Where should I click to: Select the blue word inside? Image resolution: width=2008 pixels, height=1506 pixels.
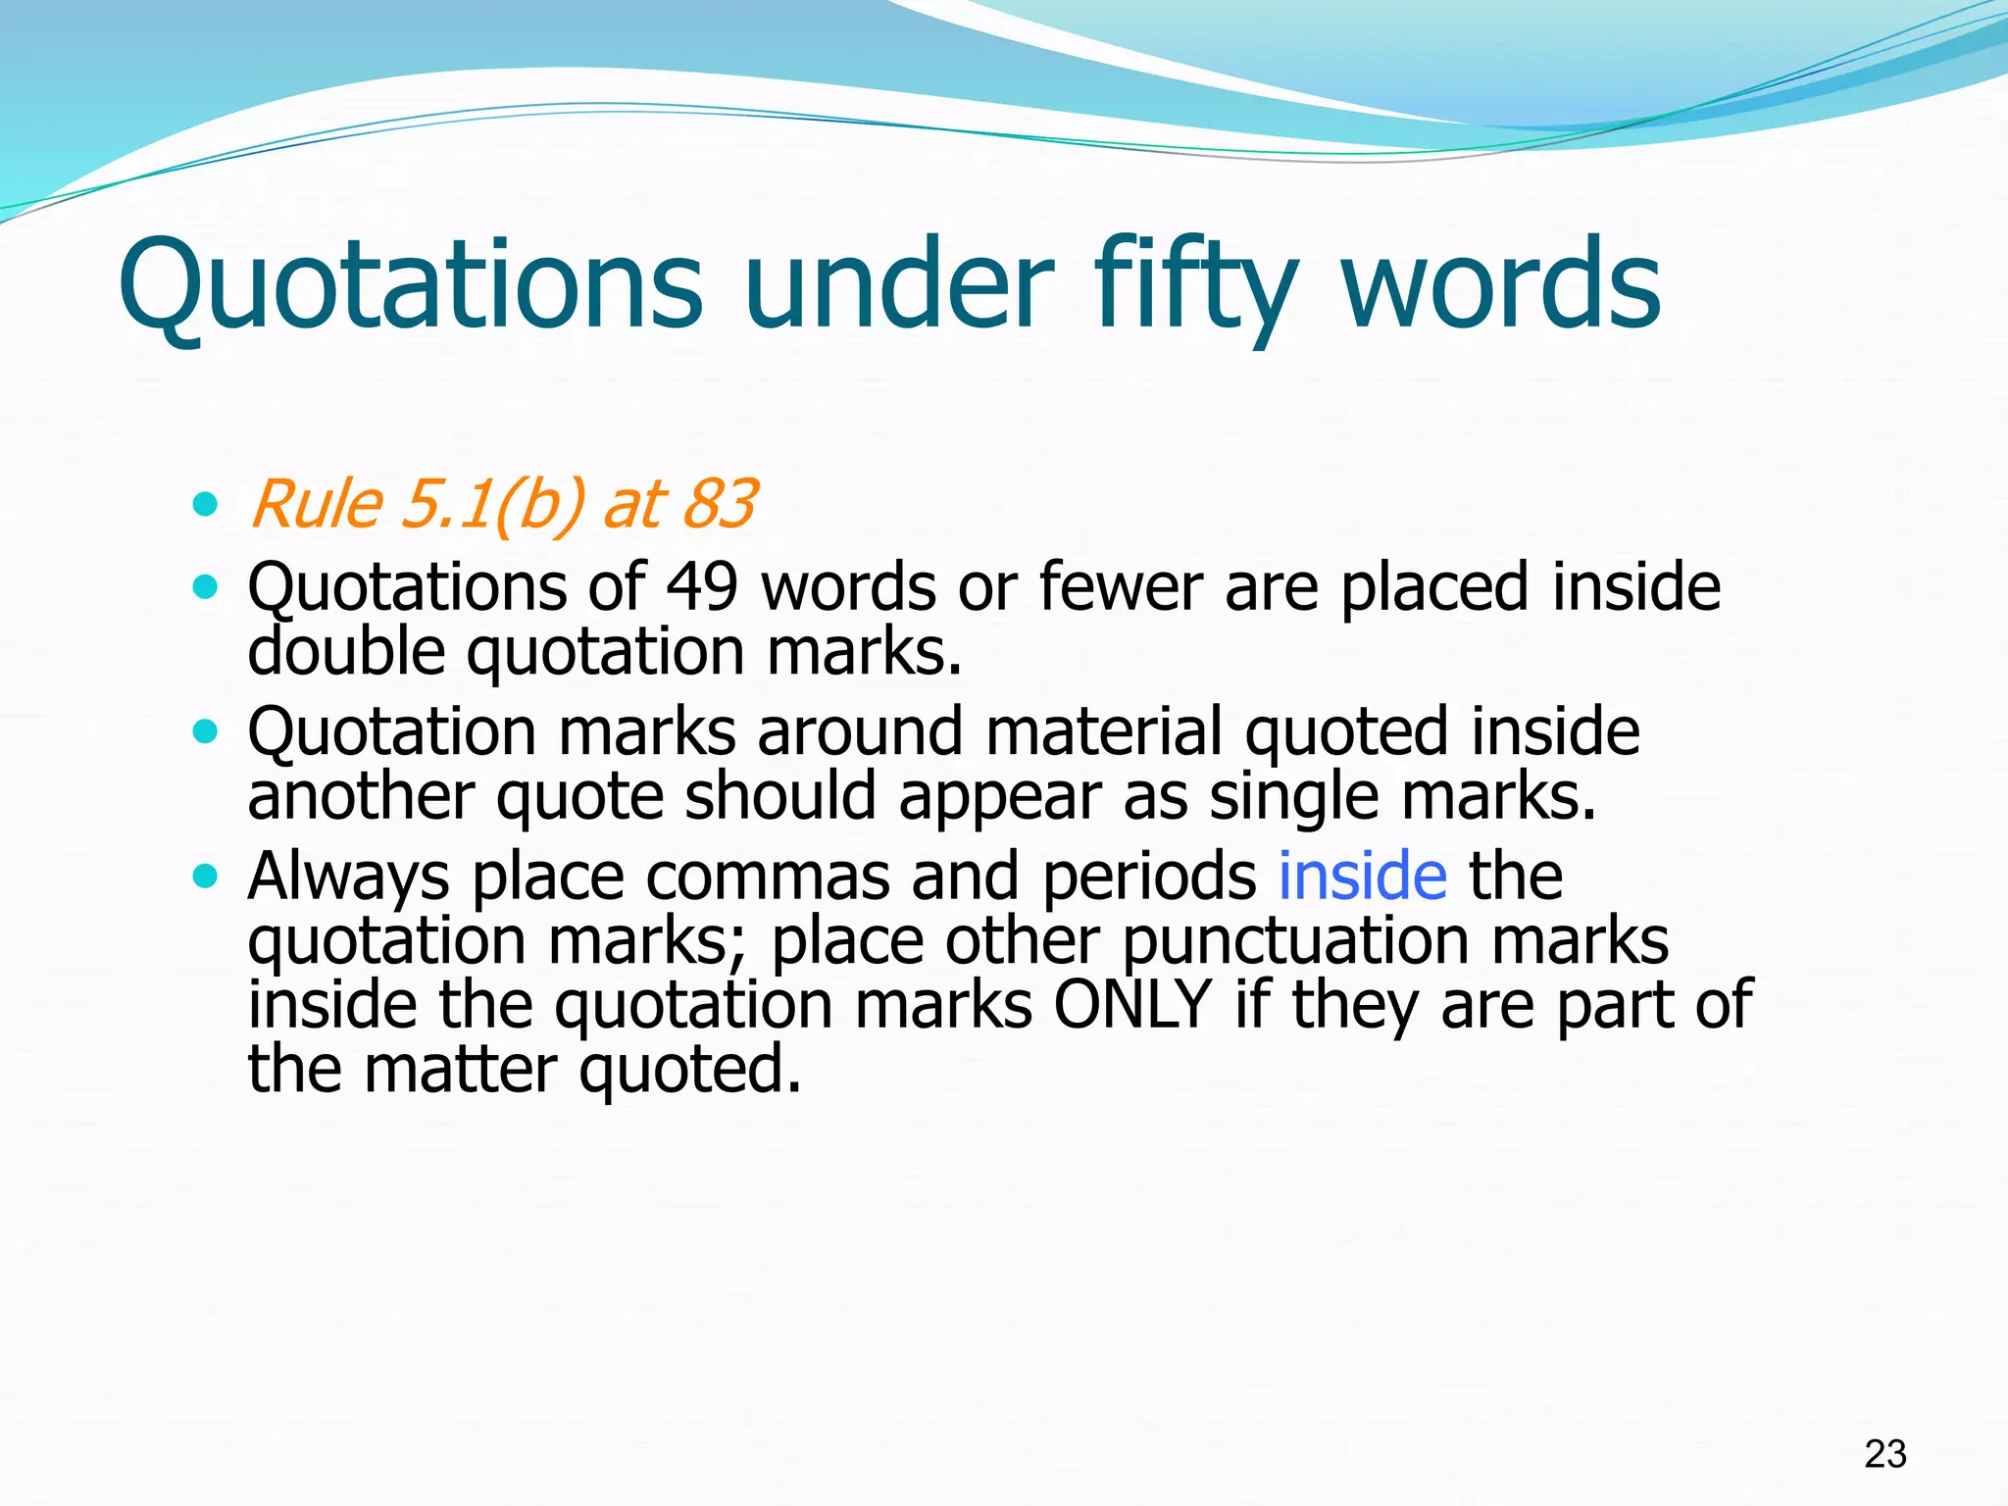click(1362, 876)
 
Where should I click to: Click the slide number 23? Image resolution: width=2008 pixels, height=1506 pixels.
click(1884, 1453)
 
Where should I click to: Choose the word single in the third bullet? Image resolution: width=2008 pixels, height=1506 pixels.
click(1294, 795)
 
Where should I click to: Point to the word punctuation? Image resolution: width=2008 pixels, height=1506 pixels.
click(1295, 940)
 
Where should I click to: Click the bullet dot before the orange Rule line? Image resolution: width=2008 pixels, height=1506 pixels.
click(205, 506)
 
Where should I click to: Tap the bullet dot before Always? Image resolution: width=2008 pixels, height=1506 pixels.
click(205, 876)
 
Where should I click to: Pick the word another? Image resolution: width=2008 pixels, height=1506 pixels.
click(360, 795)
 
